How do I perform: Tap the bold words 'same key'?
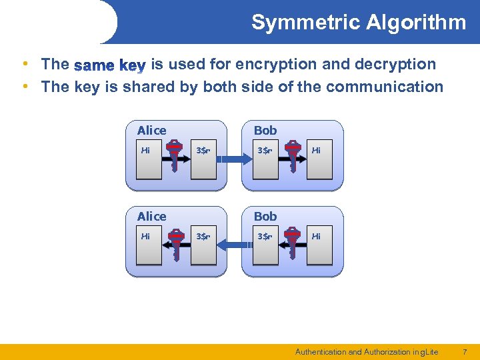(110, 65)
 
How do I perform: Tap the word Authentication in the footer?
(321, 351)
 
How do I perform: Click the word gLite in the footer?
(427, 351)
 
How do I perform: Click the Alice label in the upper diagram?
(151, 131)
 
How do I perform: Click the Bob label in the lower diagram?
(265, 216)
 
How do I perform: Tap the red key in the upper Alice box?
(175, 157)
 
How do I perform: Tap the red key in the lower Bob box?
(291, 243)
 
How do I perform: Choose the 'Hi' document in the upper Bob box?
(319, 160)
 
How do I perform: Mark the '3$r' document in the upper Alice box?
(203, 160)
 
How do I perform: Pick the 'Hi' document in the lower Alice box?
(149, 246)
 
